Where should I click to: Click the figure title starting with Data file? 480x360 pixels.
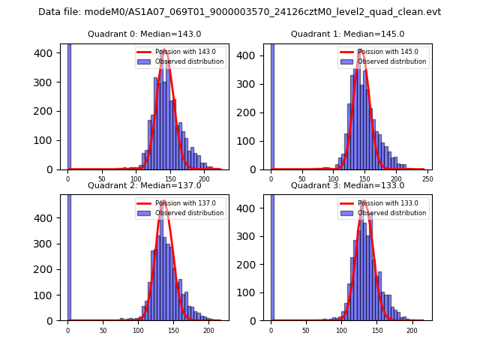coord(239,12)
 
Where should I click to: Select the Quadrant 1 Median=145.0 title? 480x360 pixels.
coord(347,34)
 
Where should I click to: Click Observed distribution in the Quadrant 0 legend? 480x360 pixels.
coord(189,61)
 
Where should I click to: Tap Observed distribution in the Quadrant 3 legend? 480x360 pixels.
coord(392,212)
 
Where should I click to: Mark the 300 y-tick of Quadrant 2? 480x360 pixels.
coord(52,243)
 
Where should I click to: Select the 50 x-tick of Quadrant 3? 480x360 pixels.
coord(306,328)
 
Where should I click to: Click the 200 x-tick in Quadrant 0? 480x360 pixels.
coord(203,177)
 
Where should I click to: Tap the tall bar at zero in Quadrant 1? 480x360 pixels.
coord(271,105)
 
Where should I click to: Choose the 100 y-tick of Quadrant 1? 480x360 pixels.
coord(254,140)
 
